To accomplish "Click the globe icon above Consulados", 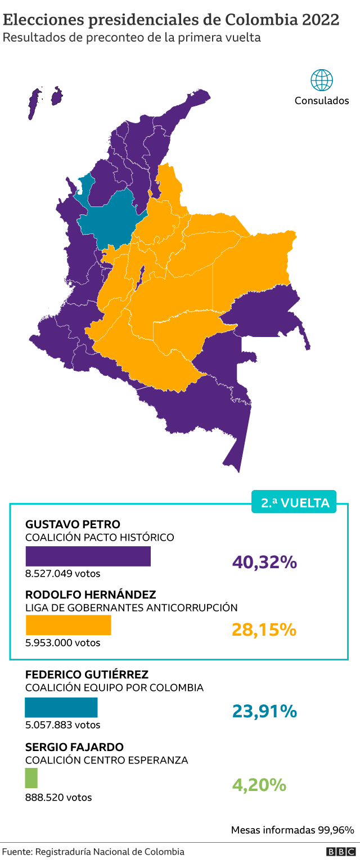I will (x=322, y=80).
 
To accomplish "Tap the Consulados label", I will (x=322, y=101).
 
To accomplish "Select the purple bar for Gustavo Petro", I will (x=88, y=556).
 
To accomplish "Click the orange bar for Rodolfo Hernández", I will (x=68, y=625).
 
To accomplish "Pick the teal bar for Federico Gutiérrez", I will (x=61, y=707).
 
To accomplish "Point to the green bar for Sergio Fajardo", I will (x=31, y=778).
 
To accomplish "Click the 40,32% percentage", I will (x=264, y=561).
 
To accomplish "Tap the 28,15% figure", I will (x=264, y=630).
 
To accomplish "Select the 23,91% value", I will (x=264, y=711).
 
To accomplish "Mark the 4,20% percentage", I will (x=259, y=784).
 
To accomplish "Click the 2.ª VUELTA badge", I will (x=294, y=502).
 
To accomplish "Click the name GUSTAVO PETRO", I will (x=73, y=524).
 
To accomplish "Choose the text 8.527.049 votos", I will (x=62, y=574).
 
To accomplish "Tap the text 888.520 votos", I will (x=58, y=797).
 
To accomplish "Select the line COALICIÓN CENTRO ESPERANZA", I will (x=106, y=760).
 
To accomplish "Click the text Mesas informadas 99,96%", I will (x=292, y=830).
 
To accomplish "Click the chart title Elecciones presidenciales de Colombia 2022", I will (x=171, y=20).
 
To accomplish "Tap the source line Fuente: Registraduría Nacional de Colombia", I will (x=93, y=852).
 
